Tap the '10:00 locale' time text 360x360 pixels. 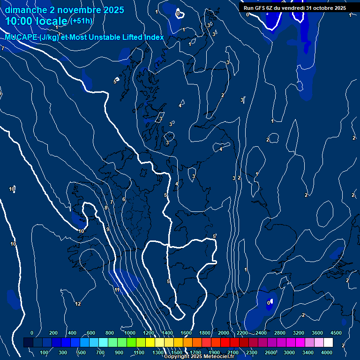point(37,21)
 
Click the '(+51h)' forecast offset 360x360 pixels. point(81,21)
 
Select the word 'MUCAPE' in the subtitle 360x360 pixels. point(22,37)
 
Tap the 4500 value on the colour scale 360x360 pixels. point(336,333)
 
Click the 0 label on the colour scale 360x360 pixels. point(32,333)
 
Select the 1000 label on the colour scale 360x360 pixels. point(130,333)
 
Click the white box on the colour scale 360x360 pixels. point(328,343)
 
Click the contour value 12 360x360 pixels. point(78,304)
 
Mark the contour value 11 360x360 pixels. point(117,290)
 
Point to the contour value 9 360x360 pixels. point(108,229)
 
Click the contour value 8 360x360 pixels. point(106,208)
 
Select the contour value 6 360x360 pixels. point(124,199)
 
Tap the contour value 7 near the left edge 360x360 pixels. point(3,48)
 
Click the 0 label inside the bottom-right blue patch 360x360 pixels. point(269,303)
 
